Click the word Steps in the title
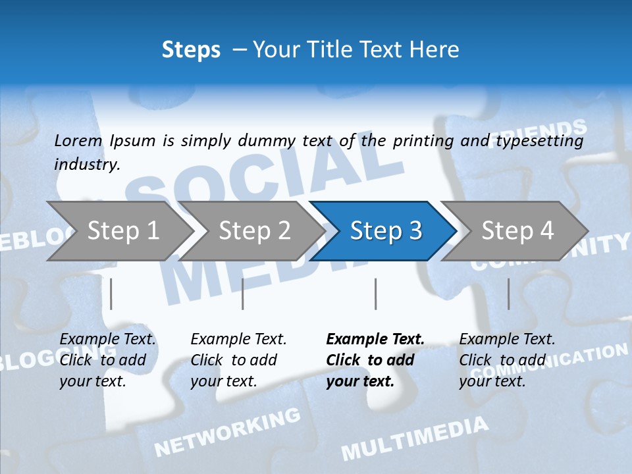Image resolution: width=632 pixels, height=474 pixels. tap(191, 50)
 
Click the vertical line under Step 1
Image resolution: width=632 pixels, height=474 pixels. tap(111, 294)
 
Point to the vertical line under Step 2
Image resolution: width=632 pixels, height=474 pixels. tap(243, 294)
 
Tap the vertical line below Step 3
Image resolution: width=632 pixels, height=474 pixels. tap(375, 294)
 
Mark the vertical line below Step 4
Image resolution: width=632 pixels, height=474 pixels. tap(508, 294)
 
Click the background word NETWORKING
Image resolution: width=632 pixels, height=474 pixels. tap(227, 432)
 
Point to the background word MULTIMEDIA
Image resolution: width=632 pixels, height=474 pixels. tap(415, 438)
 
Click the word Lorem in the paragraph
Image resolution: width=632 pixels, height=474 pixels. tap(78, 141)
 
